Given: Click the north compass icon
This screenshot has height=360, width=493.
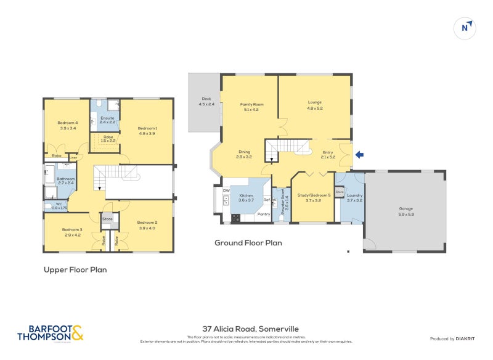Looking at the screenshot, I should [x=466, y=27].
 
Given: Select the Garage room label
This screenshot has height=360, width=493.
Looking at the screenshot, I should [x=405, y=208].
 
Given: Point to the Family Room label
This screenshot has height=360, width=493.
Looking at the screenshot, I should [x=251, y=105].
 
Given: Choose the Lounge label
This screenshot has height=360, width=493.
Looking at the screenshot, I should [x=315, y=102].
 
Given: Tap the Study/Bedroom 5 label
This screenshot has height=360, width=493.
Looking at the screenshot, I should [x=315, y=195].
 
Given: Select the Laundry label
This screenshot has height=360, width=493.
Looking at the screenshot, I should [x=354, y=195].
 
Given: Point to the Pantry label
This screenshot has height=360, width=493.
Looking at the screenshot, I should [x=264, y=214].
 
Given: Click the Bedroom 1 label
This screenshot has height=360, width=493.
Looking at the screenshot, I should [x=147, y=128].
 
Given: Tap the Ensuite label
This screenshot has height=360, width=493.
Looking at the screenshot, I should [x=107, y=118].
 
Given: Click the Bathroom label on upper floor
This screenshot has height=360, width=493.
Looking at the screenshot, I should [x=65, y=179].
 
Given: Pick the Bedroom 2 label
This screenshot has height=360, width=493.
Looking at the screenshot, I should [x=147, y=223].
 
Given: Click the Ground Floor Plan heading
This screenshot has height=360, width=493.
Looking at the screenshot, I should [x=248, y=243].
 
